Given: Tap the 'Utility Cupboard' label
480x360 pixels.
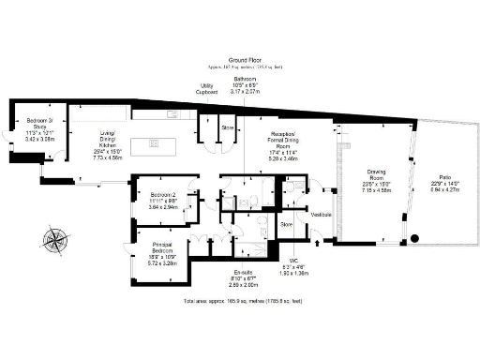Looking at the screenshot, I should tap(206, 90).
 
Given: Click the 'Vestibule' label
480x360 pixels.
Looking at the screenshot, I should tap(322, 215).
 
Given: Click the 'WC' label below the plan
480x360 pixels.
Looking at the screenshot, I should tap(294, 259).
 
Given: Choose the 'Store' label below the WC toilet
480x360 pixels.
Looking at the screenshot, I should tap(287, 224).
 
